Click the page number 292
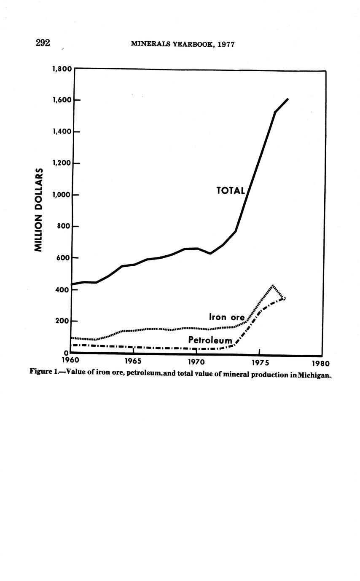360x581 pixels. click(x=43, y=43)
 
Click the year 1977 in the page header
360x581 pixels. click(x=225, y=44)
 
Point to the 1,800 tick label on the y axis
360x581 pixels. click(x=62, y=69)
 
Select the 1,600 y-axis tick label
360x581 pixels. click(x=62, y=100)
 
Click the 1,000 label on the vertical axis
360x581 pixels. click(x=62, y=195)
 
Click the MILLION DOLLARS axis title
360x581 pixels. click(x=39, y=210)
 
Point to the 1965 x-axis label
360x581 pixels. click(x=133, y=361)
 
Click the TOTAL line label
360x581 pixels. click(x=230, y=190)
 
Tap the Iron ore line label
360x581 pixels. click(x=227, y=317)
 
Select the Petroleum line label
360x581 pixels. click(x=210, y=340)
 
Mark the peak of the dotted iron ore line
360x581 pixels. click(x=273, y=286)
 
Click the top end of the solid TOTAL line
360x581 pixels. click(x=287, y=99)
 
